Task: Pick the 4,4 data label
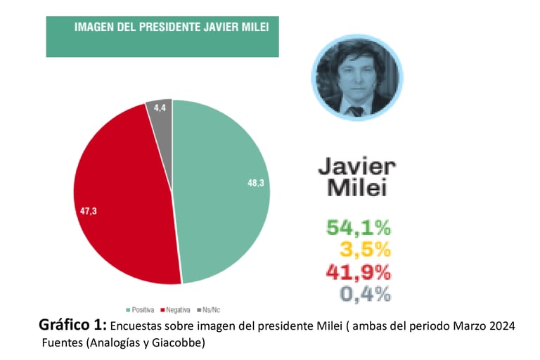(159, 107)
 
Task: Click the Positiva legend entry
(141, 309)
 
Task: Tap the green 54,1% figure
(359, 228)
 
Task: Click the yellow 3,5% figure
(365, 249)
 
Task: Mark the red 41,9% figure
(359, 271)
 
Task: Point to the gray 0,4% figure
(365, 294)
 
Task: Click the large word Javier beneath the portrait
(356, 166)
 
